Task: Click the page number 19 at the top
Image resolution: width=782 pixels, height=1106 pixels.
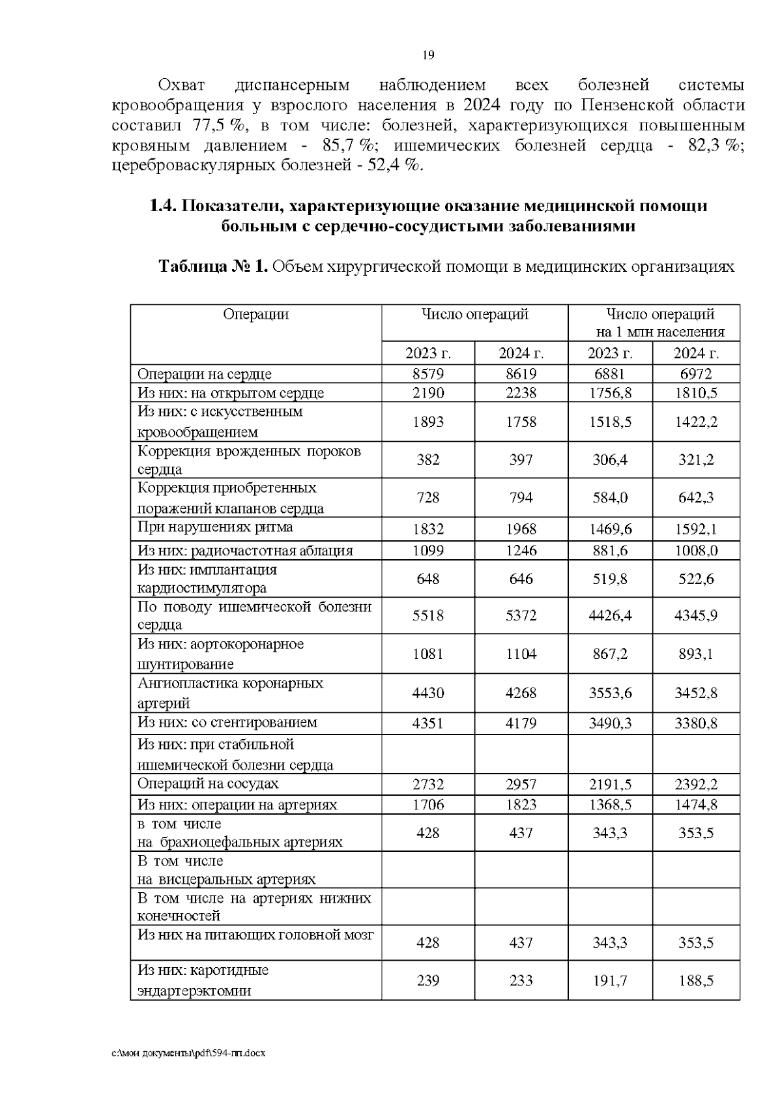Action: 428,55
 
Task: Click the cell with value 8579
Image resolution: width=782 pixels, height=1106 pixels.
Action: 428,374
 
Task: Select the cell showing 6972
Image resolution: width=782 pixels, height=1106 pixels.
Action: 695,374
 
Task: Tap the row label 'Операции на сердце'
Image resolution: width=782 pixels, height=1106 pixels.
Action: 205,374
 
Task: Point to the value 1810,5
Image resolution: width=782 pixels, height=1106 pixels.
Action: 695,393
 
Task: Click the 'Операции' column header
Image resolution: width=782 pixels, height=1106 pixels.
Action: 255,315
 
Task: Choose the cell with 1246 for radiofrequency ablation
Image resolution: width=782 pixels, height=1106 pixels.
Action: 521,551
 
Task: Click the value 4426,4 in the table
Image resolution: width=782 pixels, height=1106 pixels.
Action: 610,615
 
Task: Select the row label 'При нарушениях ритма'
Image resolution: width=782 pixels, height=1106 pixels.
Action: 215,527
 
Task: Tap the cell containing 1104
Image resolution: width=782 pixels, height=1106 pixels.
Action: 521,654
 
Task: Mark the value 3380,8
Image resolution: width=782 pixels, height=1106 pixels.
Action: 695,723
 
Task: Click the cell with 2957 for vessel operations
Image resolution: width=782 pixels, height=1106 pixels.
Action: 521,784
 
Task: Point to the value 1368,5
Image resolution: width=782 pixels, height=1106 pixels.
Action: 610,805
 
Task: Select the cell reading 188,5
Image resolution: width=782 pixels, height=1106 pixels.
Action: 695,980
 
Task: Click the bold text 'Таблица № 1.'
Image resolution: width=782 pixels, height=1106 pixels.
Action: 213,267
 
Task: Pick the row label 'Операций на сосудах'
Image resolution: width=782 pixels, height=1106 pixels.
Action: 208,784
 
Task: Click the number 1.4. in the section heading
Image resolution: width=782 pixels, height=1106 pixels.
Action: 162,207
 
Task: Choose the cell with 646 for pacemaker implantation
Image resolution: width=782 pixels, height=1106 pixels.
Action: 521,579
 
